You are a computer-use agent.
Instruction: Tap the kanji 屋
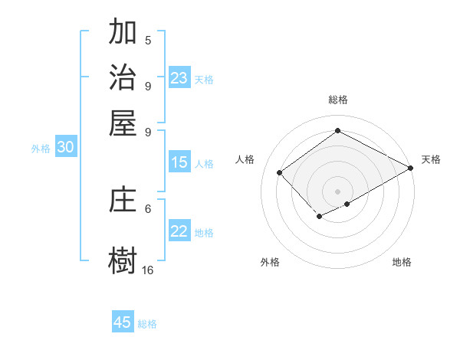(123, 122)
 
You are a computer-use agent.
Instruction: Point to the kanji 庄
(123, 200)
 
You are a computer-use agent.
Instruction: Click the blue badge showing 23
(179, 78)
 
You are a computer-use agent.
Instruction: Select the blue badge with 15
(179, 162)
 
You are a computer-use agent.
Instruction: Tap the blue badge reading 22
(179, 232)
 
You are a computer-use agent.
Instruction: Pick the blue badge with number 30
(65, 148)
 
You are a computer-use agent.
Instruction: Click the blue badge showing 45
(123, 322)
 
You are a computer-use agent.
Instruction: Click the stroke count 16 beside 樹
(148, 270)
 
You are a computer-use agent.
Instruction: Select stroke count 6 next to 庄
(148, 208)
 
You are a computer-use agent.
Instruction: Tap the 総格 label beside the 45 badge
(147, 324)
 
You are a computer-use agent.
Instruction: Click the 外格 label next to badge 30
(41, 149)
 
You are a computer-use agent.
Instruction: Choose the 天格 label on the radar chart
(431, 159)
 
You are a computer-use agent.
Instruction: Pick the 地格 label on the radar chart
(402, 262)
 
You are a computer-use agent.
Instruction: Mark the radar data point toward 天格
(411, 168)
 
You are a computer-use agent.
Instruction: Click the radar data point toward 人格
(280, 172)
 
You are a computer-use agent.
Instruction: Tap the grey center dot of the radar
(337, 191)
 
